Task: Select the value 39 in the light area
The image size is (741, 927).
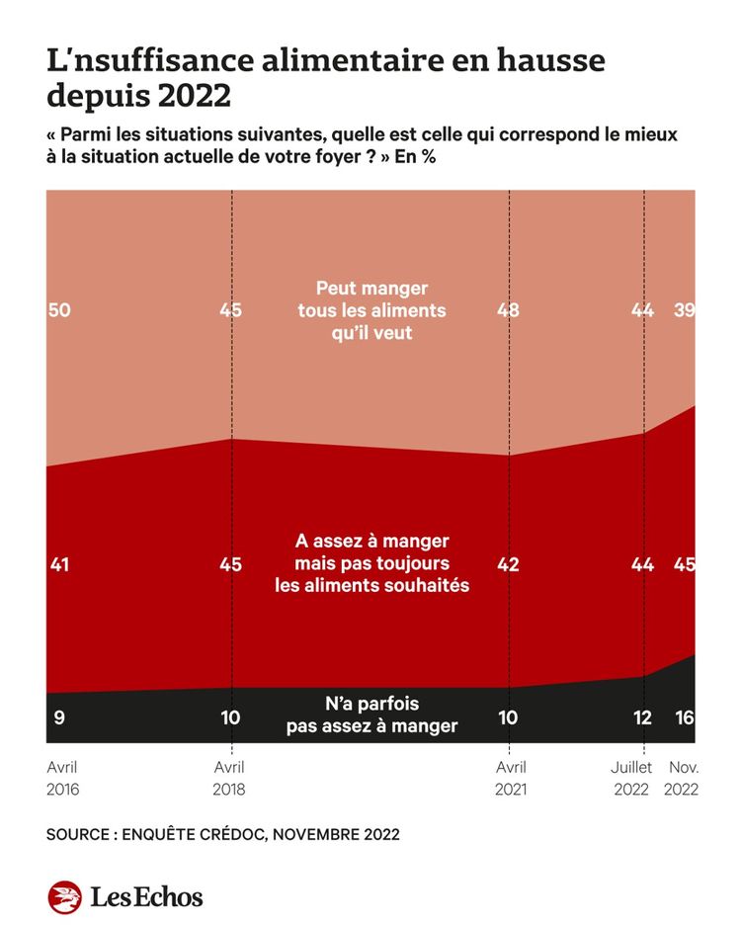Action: [x=683, y=310]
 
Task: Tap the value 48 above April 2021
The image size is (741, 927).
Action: [x=509, y=310]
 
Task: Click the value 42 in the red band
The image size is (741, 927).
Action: [x=509, y=564]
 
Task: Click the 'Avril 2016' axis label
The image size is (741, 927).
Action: [x=63, y=778]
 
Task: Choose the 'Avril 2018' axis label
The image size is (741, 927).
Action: [x=230, y=778]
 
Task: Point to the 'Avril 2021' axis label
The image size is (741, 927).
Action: [x=510, y=778]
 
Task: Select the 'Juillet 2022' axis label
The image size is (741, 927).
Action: [x=630, y=778]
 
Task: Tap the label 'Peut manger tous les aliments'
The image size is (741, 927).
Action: [x=371, y=310]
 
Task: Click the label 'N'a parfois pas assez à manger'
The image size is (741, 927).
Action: [x=371, y=715]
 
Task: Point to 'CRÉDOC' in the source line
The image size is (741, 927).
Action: [x=228, y=834]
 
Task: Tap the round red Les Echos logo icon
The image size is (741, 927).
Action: [x=64, y=896]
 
